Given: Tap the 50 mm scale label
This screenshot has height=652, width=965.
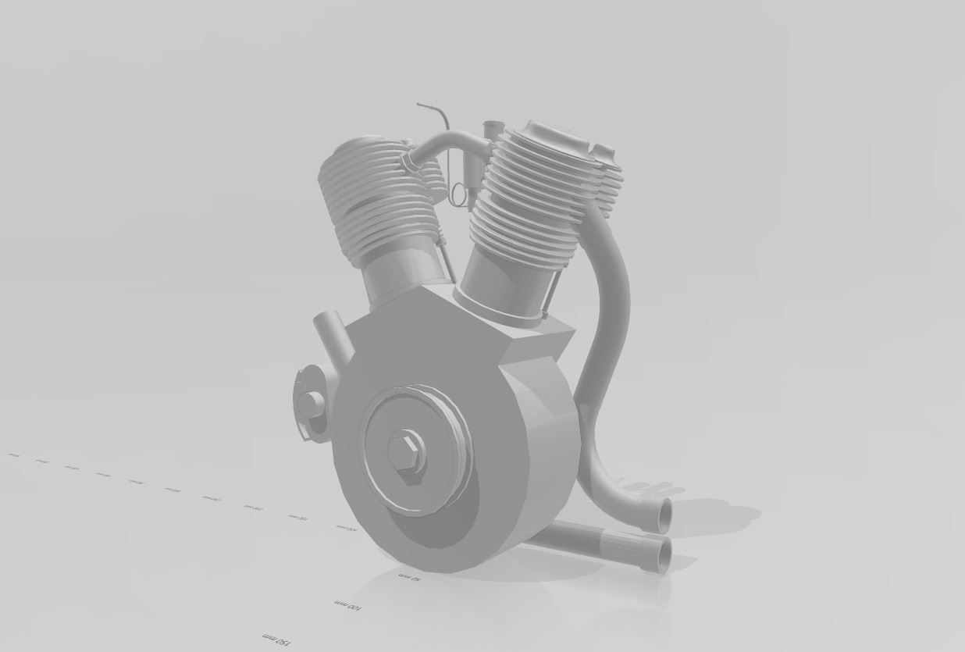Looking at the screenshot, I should (x=410, y=577).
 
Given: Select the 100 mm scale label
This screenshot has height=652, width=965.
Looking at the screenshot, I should (x=347, y=605).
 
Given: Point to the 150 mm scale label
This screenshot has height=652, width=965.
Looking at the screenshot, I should (x=277, y=640).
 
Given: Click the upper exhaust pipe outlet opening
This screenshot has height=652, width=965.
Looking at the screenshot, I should (x=664, y=515).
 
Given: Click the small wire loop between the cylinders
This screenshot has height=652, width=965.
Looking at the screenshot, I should (x=457, y=194).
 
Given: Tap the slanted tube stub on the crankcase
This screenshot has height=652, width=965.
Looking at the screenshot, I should (x=332, y=332).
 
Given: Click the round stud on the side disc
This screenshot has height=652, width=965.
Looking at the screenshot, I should (x=311, y=404).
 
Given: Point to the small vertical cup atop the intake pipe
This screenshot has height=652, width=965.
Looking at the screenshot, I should (x=491, y=130).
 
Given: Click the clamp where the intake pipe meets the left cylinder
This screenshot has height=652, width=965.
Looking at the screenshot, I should (x=408, y=162).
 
